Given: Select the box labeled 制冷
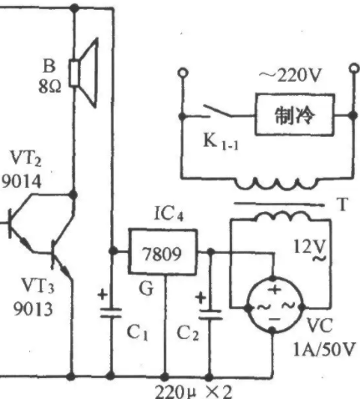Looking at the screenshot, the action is [x=295, y=115].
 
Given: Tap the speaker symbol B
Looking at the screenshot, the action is [x=84, y=73].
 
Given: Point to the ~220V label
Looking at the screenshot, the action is [x=290, y=76].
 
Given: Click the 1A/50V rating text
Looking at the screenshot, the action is [x=325, y=350].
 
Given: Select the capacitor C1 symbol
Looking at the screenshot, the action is [x=111, y=313].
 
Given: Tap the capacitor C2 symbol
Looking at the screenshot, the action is [x=210, y=315].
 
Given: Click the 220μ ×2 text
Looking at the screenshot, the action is [x=193, y=391].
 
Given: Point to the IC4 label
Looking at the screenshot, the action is [x=169, y=215].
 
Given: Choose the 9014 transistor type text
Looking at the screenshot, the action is [x=22, y=182].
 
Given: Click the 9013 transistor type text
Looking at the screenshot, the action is [x=33, y=309].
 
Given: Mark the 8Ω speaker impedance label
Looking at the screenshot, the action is [x=50, y=87].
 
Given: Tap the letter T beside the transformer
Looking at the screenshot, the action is [x=342, y=205].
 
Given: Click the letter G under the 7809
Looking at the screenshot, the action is [x=146, y=288].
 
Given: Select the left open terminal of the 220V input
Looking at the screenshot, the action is [x=183, y=73].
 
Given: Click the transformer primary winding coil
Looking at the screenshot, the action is [x=276, y=184].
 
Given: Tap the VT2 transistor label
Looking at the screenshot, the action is [x=26, y=159].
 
